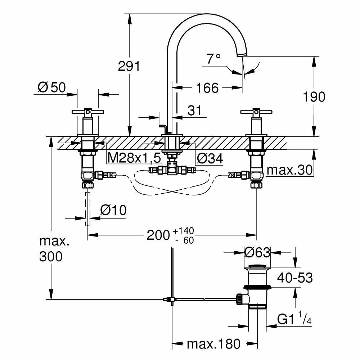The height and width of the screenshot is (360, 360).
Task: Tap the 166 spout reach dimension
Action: pos(207,87)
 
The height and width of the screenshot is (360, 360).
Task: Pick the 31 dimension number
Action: pos(195,111)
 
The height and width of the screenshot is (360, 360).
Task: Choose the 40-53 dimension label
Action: pos(295,278)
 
